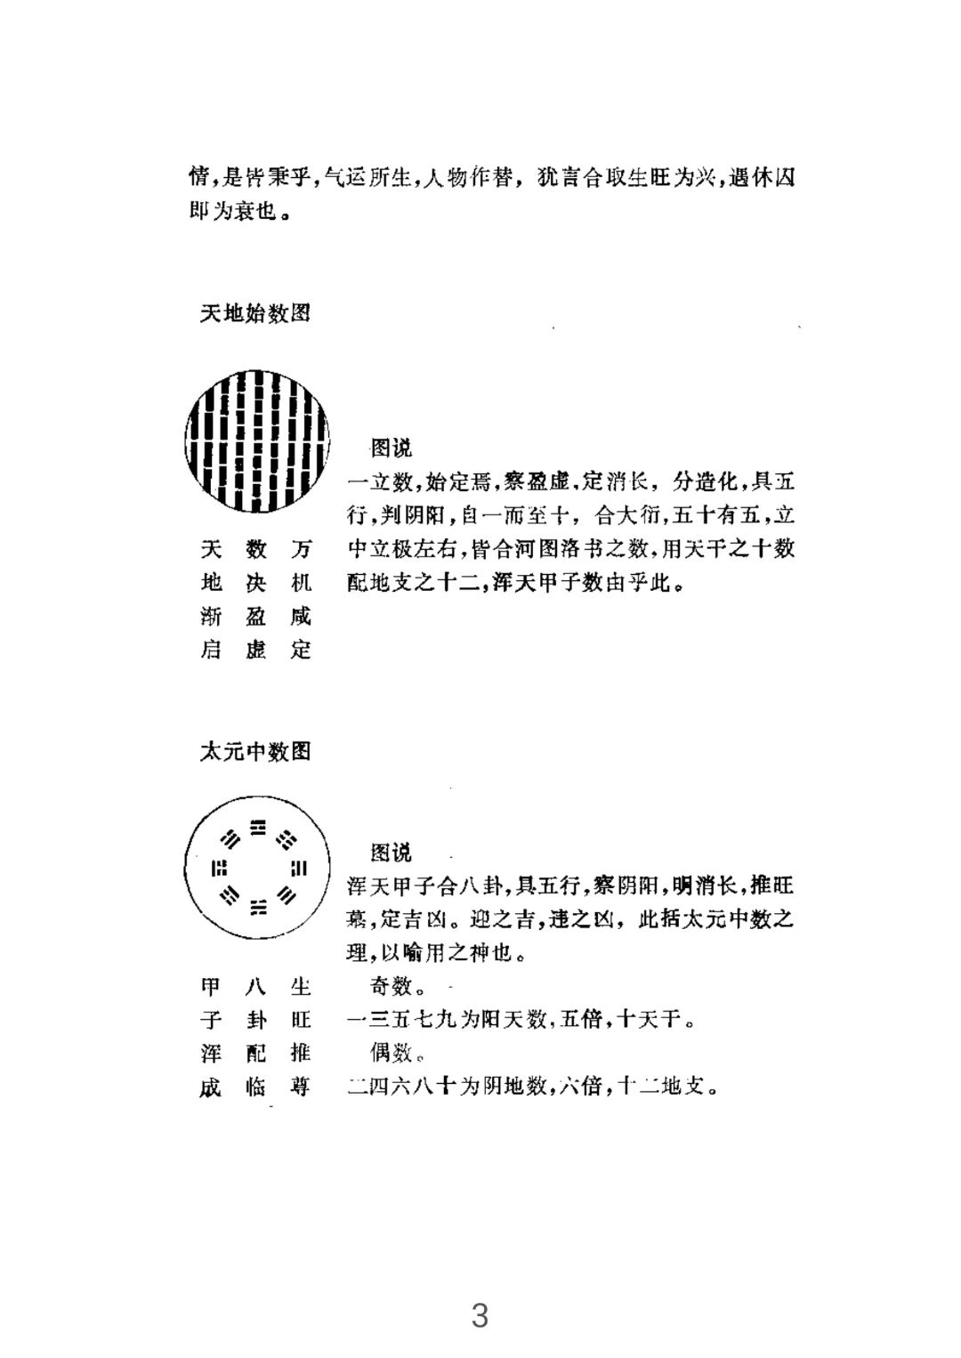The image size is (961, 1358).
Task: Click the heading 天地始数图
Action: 254,313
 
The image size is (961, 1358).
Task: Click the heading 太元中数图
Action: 254,752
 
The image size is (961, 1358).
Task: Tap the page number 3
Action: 480,1314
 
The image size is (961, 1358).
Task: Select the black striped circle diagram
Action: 256,441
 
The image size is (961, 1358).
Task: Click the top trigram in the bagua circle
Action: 258,828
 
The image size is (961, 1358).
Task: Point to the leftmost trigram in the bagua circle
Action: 218,868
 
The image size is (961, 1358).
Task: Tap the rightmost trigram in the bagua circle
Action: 299,868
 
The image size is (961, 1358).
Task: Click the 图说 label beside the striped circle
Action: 392,449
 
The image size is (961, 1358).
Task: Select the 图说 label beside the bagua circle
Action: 392,853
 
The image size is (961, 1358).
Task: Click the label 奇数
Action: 392,986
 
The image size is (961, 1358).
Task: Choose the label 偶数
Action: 392,1053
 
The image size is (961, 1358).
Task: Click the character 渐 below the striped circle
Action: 211,617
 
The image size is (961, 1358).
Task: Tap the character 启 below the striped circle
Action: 211,650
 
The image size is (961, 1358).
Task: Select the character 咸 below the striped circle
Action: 301,617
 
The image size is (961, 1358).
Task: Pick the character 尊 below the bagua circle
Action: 301,1087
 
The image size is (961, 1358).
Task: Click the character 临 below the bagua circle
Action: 256,1087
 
